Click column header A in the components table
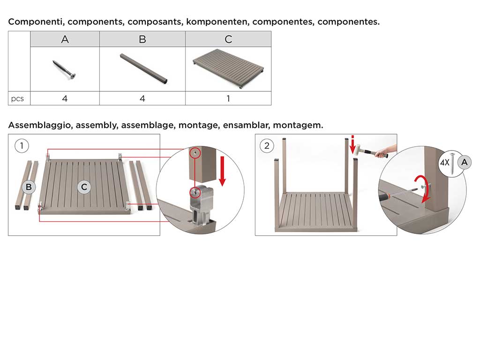(x=65, y=39)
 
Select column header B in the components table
(x=142, y=39)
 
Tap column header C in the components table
(x=228, y=39)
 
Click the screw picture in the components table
(x=64, y=70)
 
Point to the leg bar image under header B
(x=143, y=69)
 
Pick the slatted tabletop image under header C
(x=228, y=68)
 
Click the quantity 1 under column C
(x=228, y=98)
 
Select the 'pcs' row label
(x=17, y=99)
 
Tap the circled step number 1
(x=22, y=146)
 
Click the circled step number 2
(x=267, y=146)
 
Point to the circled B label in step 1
(x=29, y=187)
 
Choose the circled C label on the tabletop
(x=84, y=187)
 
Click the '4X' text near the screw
(x=444, y=162)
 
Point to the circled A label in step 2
(x=465, y=162)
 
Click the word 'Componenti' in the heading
(x=37, y=22)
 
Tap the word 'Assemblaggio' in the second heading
(x=41, y=126)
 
